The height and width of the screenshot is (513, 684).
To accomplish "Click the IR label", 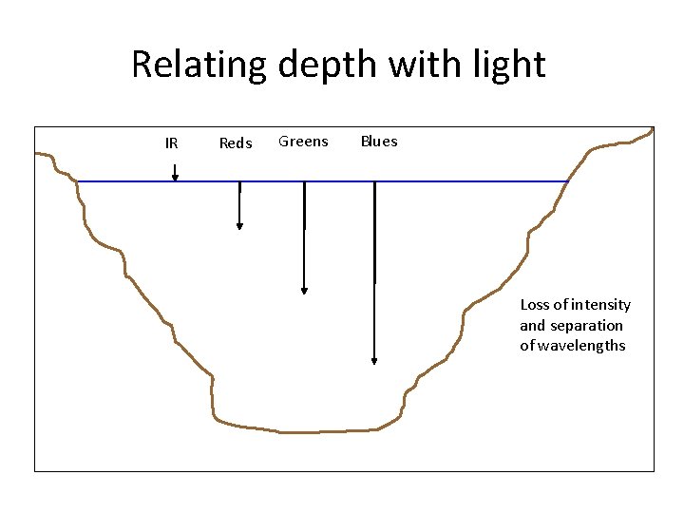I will pyautogui.click(x=171, y=143).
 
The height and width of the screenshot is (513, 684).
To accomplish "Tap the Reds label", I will pyautogui.click(x=236, y=143).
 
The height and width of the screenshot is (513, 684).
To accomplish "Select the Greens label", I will pyautogui.click(x=303, y=142).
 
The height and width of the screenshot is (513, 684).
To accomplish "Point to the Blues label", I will pyautogui.click(x=379, y=142).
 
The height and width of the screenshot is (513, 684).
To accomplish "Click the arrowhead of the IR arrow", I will pyautogui.click(x=175, y=177).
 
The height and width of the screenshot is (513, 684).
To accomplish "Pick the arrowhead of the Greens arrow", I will pyautogui.click(x=304, y=290).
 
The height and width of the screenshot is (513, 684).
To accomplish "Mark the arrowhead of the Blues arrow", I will pyautogui.click(x=374, y=360).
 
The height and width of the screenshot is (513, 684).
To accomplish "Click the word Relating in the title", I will pyautogui.click(x=199, y=65).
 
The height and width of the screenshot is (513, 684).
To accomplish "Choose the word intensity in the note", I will pyautogui.click(x=598, y=305).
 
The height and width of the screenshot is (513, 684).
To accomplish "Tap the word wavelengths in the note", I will pyautogui.click(x=581, y=346).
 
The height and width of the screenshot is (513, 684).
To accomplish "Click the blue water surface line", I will pyautogui.click(x=456, y=180).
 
